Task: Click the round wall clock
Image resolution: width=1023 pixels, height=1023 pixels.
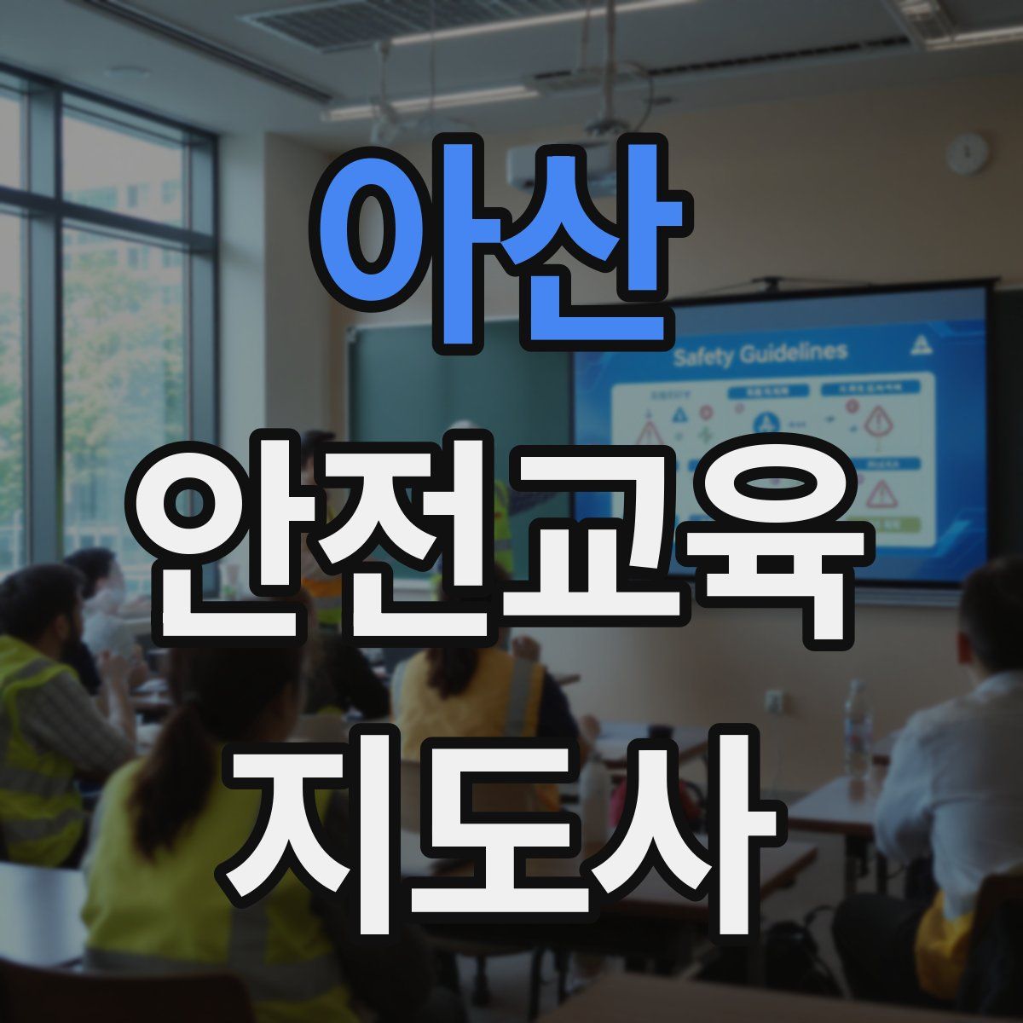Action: tap(968, 153)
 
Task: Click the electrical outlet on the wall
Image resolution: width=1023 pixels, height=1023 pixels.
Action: tap(774, 701)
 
